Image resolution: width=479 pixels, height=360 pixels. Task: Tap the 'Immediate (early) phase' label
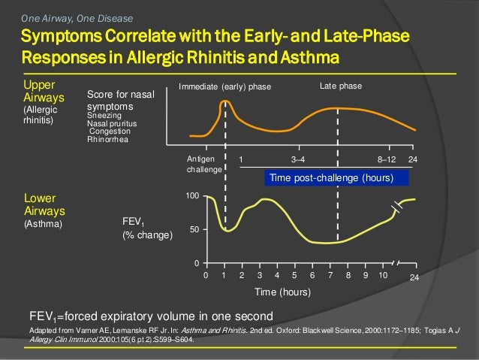(x=224, y=87)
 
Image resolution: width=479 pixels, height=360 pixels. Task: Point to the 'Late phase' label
(x=340, y=86)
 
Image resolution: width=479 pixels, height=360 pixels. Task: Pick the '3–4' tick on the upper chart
(x=297, y=160)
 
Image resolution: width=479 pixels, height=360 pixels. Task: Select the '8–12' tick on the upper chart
(x=387, y=160)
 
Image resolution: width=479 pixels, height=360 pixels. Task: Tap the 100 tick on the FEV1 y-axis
(x=192, y=196)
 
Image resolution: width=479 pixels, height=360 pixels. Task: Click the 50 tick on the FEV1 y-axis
(x=194, y=230)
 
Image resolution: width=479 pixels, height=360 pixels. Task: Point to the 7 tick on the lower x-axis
(x=330, y=276)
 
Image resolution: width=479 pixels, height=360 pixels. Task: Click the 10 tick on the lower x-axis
(x=383, y=276)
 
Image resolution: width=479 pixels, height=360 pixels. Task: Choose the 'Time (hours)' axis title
(x=282, y=292)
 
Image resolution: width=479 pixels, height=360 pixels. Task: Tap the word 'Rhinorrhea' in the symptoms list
(x=108, y=138)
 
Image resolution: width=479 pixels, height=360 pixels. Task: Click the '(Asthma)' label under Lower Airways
(x=43, y=224)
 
